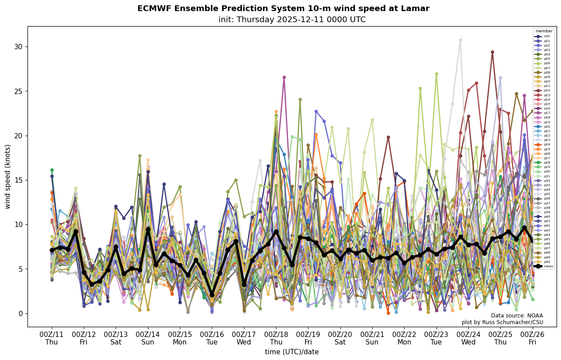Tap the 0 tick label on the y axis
19,313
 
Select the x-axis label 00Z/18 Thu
276,338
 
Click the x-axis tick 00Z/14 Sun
148,338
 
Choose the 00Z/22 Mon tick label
404,338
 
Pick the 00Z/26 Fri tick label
532,338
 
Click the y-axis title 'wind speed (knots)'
8,176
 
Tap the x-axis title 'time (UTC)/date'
292,352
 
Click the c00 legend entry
543,36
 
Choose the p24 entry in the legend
543,145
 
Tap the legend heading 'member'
544,31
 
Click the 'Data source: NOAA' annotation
517,316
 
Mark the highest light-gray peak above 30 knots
460,40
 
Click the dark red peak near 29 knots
492,52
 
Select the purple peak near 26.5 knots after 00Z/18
284,78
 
